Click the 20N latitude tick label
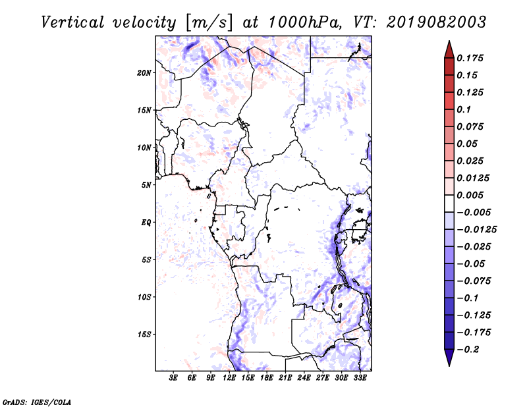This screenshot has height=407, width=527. coord(144,73)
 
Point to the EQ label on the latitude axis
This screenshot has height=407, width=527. coord(146,223)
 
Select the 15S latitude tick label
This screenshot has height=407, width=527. coord(144,335)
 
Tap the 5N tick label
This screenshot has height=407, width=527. coord(146,185)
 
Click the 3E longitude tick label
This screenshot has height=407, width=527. coord(173,378)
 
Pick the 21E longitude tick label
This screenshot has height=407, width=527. coord(285,378)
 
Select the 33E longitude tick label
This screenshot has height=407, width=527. coord(360,378)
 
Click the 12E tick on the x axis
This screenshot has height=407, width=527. coord(229,378)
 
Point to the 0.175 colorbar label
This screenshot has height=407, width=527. coord(470,58)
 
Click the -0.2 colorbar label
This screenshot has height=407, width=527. coord(468,350)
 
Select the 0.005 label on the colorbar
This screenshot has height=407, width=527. coord(470,195)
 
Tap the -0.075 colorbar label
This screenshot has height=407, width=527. coord(474,281)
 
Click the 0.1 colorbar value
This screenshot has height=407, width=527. coord(464,109)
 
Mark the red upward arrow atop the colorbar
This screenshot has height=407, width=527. coord(449,49)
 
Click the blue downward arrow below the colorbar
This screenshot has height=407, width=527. coord(449,358)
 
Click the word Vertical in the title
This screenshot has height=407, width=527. coord(72,22)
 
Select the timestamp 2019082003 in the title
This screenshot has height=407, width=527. coord(436,22)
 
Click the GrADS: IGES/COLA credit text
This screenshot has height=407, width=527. coord(37,402)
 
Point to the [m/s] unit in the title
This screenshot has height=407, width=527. coord(209,23)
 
